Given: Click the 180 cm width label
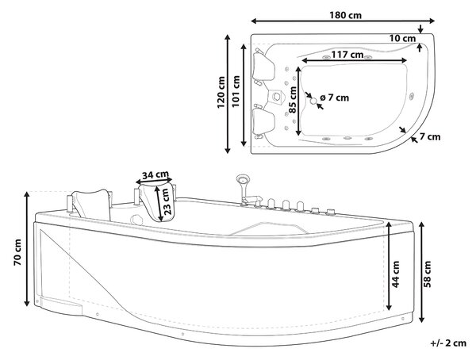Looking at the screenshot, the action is click(x=345, y=15).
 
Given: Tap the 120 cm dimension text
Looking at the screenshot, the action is click(x=221, y=93).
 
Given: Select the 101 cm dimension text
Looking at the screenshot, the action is click(x=236, y=91).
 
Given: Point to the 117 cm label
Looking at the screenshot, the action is click(x=347, y=55).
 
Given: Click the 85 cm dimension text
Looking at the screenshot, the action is click(x=293, y=100).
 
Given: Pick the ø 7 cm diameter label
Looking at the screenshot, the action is click(x=335, y=98).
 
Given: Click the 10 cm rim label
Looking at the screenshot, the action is click(x=402, y=39).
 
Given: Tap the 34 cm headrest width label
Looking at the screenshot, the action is click(x=155, y=175).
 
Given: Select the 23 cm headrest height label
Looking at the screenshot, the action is click(x=166, y=202).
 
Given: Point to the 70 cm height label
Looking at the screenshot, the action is click(x=17, y=252).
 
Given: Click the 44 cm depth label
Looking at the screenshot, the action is click(x=396, y=274).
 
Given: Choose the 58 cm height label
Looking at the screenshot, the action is click(x=427, y=274).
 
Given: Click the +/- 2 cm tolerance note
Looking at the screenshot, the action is click(x=448, y=343).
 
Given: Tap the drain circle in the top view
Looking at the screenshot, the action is click(x=313, y=101).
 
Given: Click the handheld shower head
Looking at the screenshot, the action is click(x=243, y=178).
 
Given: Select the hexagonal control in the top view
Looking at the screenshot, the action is click(x=277, y=97).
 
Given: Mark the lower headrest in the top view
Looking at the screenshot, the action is click(x=263, y=122).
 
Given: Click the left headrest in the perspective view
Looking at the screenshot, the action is click(x=91, y=204).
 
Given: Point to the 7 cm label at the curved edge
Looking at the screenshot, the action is click(x=430, y=137).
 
